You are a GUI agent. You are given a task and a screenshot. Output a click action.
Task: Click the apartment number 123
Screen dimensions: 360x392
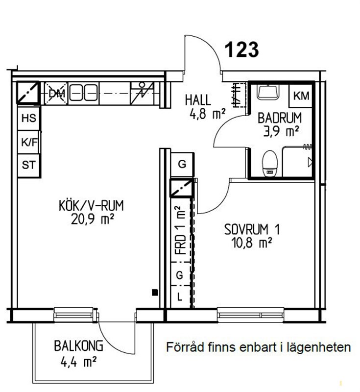coord(242,49)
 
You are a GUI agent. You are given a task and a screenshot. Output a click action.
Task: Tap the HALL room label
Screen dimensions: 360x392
coord(198,100)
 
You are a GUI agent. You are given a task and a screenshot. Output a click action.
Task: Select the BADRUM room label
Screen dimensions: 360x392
coord(280,118)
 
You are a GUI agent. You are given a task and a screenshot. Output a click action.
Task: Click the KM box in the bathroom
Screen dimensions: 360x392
coord(301,96)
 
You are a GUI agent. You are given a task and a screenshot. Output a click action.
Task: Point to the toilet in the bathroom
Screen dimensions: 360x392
coord(270,164)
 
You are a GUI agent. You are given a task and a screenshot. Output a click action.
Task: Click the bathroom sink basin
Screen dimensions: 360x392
coord(268,92)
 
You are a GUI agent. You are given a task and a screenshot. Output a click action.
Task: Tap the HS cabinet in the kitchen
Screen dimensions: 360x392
coord(29,119)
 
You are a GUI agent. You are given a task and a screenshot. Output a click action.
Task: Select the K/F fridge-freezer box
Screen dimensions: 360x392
coord(29,142)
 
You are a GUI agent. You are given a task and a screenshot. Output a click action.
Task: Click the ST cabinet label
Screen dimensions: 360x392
coord(29,165)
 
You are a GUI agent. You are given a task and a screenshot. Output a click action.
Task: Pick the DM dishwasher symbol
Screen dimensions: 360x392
coord(56,93)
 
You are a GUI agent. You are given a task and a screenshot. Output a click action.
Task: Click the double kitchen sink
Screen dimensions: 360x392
coord(83,93)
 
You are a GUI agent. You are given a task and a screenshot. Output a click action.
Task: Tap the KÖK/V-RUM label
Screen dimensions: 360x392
coord(91,206)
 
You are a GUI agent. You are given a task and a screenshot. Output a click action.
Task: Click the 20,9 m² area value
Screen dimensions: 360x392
coord(93,219)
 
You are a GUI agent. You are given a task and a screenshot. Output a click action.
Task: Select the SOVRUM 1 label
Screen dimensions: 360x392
coord(252,229)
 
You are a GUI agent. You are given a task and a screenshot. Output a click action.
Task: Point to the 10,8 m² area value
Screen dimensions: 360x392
coord(252,243)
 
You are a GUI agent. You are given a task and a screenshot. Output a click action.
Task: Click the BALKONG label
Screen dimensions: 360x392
coord(78,346)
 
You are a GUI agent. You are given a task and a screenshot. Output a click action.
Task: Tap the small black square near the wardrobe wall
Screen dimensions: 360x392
coord(155,292)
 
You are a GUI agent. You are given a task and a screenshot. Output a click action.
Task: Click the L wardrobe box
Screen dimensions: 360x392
coord(180,297)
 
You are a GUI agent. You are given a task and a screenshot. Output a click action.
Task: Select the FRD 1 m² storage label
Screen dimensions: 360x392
coord(181,230)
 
